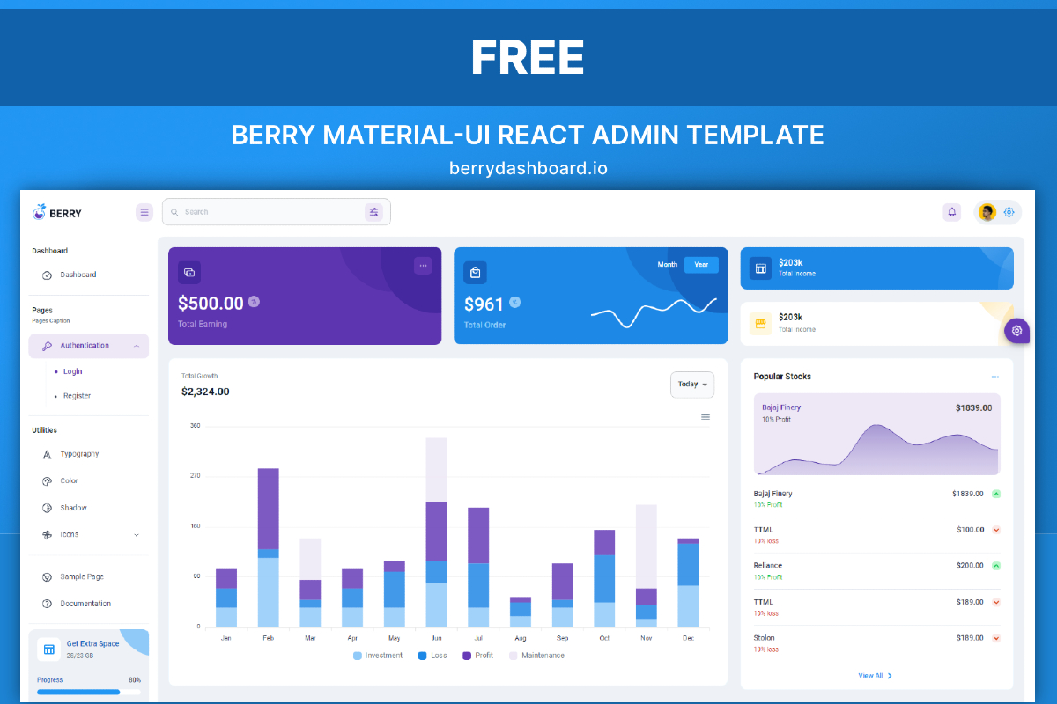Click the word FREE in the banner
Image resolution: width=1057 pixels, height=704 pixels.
pyautogui.click(x=528, y=58)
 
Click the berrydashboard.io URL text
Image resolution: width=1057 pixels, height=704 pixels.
pyautogui.click(x=528, y=167)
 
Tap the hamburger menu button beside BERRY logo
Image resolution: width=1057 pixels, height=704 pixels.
pyautogui.click(x=144, y=212)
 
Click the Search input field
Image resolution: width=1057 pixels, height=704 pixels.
pyautogui.click(x=264, y=212)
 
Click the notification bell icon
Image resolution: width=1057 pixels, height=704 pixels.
pyautogui.click(x=951, y=212)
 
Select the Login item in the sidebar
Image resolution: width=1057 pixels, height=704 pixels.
pyautogui.click(x=72, y=371)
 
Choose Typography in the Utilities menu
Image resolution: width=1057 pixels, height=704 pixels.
pyautogui.click(x=79, y=454)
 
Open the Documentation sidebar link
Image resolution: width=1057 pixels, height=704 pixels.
pyautogui.click(x=85, y=604)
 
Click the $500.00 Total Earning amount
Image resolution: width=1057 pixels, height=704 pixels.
pyautogui.click(x=211, y=304)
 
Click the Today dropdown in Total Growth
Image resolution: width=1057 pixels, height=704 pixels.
pyautogui.click(x=692, y=385)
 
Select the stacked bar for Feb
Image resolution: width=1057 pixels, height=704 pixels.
pyautogui.click(x=268, y=546)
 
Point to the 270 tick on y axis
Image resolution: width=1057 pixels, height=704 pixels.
pyautogui.click(x=195, y=476)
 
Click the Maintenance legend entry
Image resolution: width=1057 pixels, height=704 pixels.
pyautogui.click(x=543, y=656)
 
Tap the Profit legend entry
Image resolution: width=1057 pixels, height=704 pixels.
pyautogui.click(x=483, y=656)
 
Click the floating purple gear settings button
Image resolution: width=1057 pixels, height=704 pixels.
pyautogui.click(x=1016, y=330)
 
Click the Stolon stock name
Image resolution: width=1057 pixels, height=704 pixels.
pyautogui.click(x=765, y=637)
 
